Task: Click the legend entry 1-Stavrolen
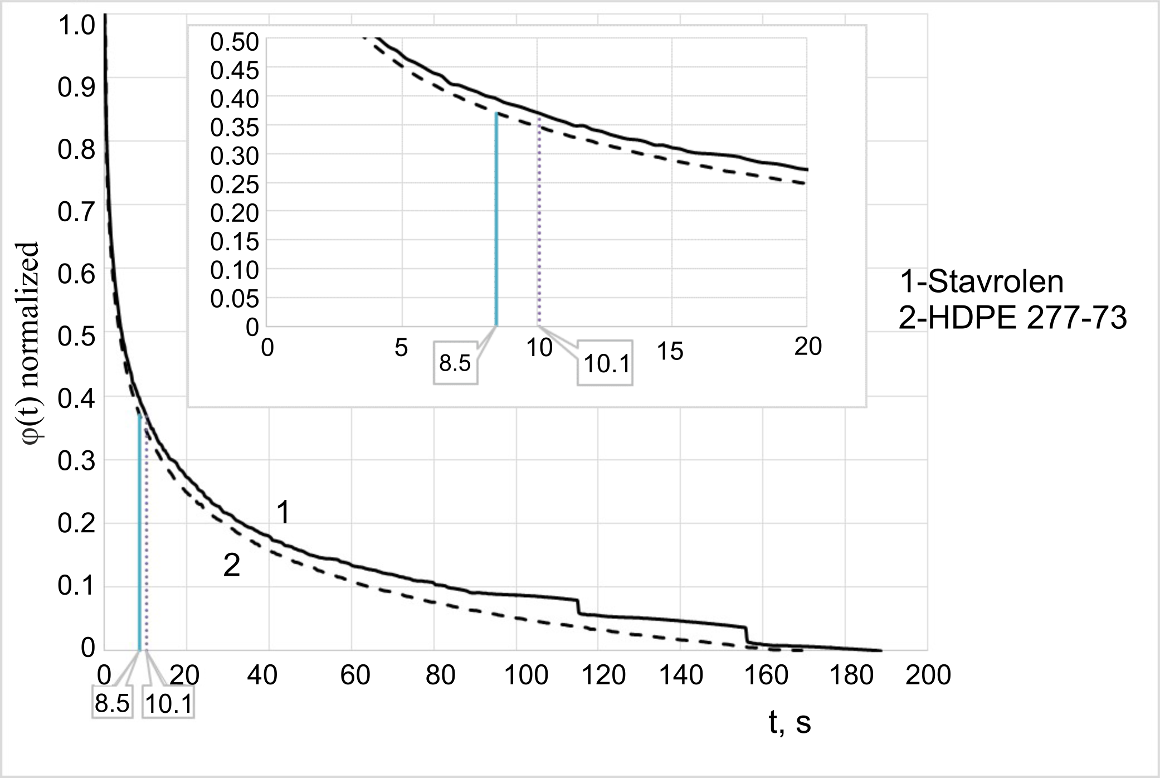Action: (982, 282)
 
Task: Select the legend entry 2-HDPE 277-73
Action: (1012, 319)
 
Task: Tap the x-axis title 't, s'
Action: (789, 723)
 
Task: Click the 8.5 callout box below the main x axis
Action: (112, 704)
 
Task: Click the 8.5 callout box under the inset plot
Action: (455, 364)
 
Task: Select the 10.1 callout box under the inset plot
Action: (606, 364)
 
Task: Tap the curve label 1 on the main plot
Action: (283, 513)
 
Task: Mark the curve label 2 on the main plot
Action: (231, 566)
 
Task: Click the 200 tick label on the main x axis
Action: (928, 675)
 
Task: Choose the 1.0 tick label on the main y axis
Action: (76, 26)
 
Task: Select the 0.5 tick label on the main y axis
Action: (76, 337)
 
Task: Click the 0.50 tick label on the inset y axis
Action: (234, 42)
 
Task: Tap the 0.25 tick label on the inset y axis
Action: (234, 185)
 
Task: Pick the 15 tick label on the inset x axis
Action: (670, 352)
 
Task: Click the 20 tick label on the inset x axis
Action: (807, 347)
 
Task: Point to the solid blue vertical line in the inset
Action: (496, 223)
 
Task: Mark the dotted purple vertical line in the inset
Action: (538, 228)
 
